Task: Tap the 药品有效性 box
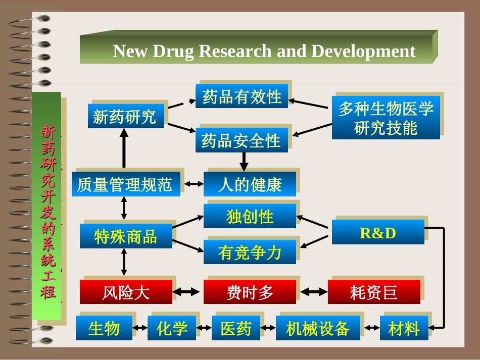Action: [x=242, y=96]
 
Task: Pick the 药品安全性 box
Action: [x=242, y=140]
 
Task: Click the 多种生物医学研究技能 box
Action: [x=386, y=118]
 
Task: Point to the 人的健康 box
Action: [x=250, y=184]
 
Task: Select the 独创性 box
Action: [x=250, y=217]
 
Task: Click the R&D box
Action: [x=377, y=233]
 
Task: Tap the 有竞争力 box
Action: [x=250, y=252]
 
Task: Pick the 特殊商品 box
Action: [x=126, y=236]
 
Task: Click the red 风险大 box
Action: [x=126, y=292]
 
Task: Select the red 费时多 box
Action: [x=250, y=292]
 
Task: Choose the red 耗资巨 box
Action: [x=374, y=292]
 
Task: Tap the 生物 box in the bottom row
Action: [x=104, y=328]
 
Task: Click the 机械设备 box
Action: [x=318, y=328]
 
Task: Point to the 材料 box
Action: [x=404, y=328]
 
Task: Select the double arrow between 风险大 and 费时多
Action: [x=187, y=292]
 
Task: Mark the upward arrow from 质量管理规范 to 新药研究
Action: [x=124, y=149]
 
